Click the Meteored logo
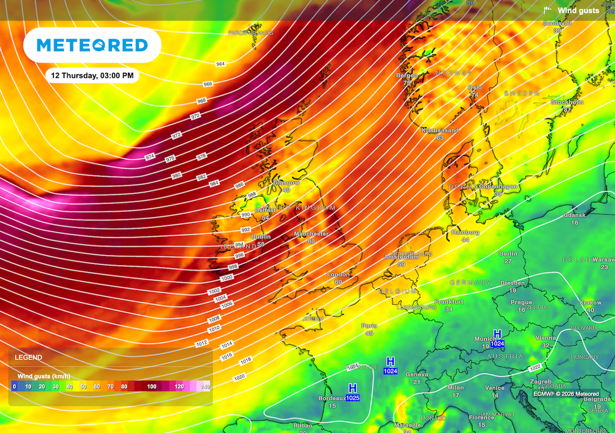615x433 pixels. tap(92, 45)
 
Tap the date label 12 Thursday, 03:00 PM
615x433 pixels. tap(92, 75)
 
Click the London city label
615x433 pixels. tap(338, 275)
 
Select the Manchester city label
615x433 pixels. tap(311, 234)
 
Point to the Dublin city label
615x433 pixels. tap(261, 237)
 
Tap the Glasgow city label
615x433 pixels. tap(286, 183)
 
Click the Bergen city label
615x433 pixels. tap(407, 76)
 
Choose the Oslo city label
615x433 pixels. tap(474, 88)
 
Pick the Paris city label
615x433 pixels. tap(369, 326)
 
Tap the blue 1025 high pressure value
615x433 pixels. tap(353, 398)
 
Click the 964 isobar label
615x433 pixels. tap(220, 64)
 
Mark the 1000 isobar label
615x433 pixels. tap(227, 277)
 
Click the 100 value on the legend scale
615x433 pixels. tap(152, 387)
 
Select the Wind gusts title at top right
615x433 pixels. tap(578, 10)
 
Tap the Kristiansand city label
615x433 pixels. tap(440, 131)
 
